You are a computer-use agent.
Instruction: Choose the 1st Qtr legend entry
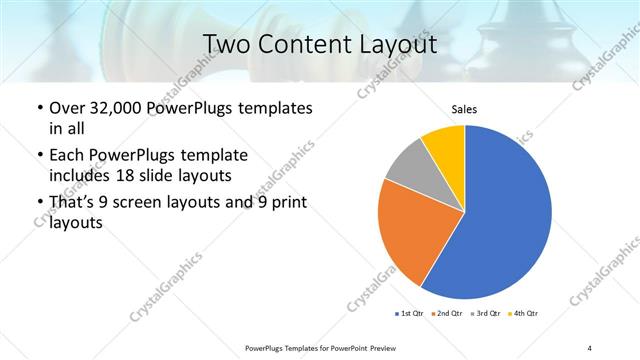point(407,314)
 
